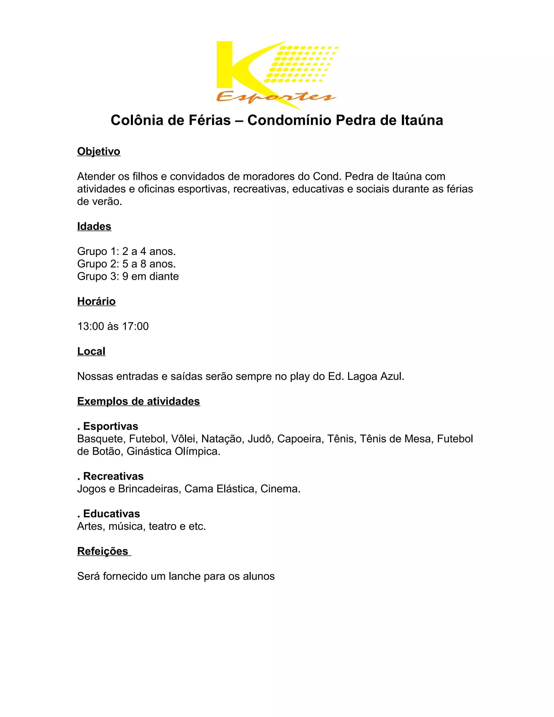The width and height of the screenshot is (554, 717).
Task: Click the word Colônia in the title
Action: point(137,120)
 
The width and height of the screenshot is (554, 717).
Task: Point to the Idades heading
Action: point(94,226)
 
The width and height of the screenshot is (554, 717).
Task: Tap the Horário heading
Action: point(96,301)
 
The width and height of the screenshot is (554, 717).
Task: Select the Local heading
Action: point(91,351)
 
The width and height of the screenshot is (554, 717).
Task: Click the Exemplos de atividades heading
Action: point(138,401)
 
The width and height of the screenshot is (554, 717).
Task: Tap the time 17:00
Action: point(135,326)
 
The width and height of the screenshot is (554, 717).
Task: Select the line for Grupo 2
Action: point(126,264)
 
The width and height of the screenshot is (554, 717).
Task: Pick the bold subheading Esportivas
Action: point(111,426)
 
